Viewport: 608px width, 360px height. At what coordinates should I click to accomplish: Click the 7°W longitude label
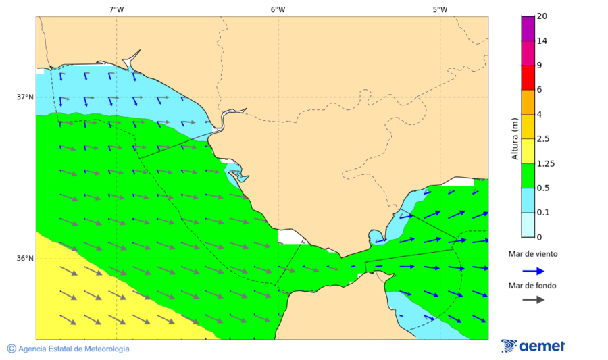(x=116, y=9)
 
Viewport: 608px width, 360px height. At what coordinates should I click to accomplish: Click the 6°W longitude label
(x=278, y=9)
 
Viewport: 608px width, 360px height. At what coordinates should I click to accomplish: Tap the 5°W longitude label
(x=440, y=9)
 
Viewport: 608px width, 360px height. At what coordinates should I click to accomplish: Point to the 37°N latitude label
(x=25, y=97)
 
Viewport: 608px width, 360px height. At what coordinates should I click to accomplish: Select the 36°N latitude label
(x=25, y=259)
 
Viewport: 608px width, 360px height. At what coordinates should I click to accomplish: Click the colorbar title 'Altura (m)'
(x=515, y=140)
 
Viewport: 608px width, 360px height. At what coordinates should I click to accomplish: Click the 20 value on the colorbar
(x=542, y=16)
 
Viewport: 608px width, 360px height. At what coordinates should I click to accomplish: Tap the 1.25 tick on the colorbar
(x=544, y=163)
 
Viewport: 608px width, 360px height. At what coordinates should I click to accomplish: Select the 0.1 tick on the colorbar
(x=542, y=213)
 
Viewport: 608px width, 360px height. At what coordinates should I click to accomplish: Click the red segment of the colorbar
(x=528, y=77)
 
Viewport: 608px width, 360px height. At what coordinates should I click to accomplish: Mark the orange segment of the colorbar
(x=528, y=102)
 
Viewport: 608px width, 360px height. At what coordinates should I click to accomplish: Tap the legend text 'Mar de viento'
(x=533, y=254)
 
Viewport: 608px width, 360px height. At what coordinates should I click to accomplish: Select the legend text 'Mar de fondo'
(x=533, y=286)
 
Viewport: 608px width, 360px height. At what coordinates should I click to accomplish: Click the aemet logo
(x=533, y=346)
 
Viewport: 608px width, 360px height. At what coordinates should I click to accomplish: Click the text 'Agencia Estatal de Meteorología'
(x=74, y=349)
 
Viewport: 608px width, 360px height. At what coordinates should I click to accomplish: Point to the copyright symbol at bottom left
(x=11, y=349)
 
